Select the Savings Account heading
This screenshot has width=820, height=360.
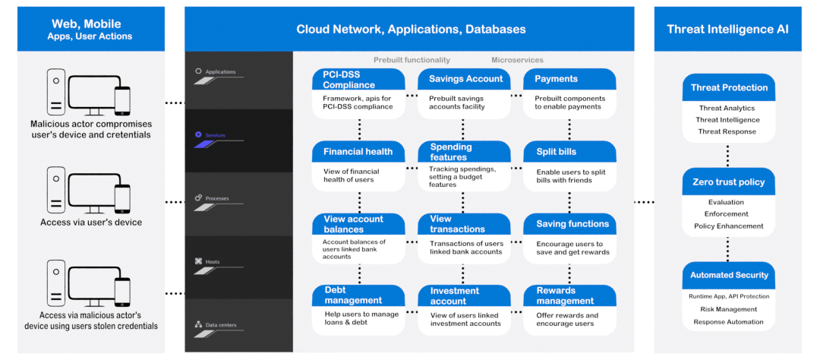[x=466, y=79]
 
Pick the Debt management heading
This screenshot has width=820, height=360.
[x=354, y=295]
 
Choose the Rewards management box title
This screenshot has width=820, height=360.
[x=565, y=295]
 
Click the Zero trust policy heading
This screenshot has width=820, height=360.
[x=728, y=182]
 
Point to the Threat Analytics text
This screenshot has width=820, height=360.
[x=727, y=109]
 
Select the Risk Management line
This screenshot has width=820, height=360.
[x=728, y=309]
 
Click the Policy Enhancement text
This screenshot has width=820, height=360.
[x=728, y=226]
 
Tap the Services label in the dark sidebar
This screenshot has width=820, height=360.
[x=215, y=135]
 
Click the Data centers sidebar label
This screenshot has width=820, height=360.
[x=220, y=325]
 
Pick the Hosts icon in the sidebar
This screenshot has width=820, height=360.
[x=198, y=261]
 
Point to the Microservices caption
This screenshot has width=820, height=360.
[x=517, y=60]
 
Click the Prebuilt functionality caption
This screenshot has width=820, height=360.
[x=412, y=60]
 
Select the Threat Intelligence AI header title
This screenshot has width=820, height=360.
[x=727, y=30]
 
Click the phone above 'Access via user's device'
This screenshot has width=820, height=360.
[x=122, y=199]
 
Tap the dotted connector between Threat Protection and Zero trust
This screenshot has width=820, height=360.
[x=728, y=156]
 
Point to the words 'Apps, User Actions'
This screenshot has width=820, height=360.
[x=90, y=36]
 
